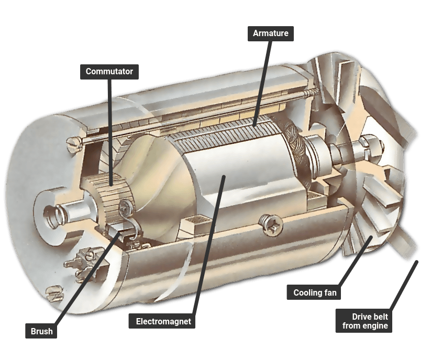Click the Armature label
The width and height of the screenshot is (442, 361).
271,33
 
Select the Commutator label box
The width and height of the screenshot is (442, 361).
109,72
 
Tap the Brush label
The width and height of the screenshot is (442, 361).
41,331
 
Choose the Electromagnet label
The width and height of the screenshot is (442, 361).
162,321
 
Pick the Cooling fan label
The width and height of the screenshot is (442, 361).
314,292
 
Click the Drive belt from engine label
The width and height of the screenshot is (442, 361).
364,321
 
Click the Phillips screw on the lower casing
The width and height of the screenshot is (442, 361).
271,224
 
